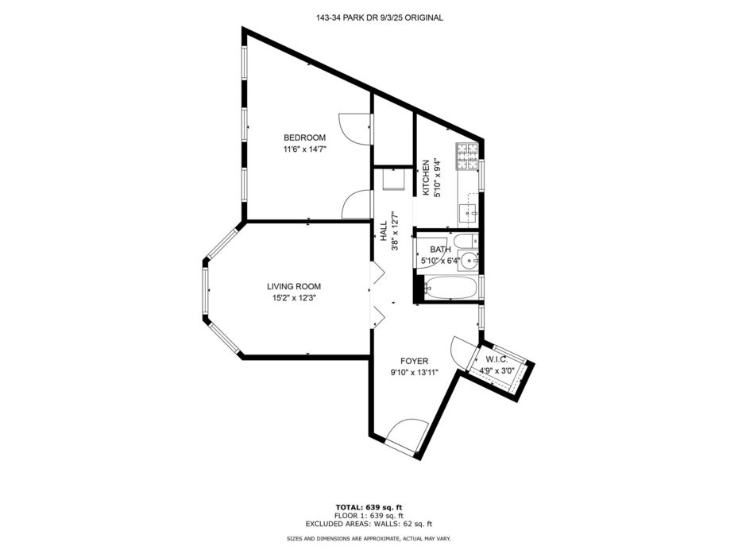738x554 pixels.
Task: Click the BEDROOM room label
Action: click(304, 138)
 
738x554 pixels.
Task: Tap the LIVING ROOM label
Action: click(294, 286)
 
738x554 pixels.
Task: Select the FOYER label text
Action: click(414, 362)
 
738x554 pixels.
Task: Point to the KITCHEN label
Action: click(426, 178)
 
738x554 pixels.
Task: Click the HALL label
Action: click(384, 231)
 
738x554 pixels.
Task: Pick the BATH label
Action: click(440, 250)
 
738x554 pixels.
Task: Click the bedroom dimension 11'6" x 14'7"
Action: click(304, 149)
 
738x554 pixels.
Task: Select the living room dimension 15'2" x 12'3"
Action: click(294, 298)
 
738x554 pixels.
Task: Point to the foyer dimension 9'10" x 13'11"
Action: click(414, 373)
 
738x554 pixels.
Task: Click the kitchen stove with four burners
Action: click(466, 157)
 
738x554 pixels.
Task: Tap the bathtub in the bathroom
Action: click(450, 288)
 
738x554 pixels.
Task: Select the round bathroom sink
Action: click(469, 260)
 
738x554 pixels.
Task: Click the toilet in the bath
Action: click(467, 241)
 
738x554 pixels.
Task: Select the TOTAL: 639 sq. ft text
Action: click(369, 507)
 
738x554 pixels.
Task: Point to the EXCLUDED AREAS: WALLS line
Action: click(369, 523)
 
